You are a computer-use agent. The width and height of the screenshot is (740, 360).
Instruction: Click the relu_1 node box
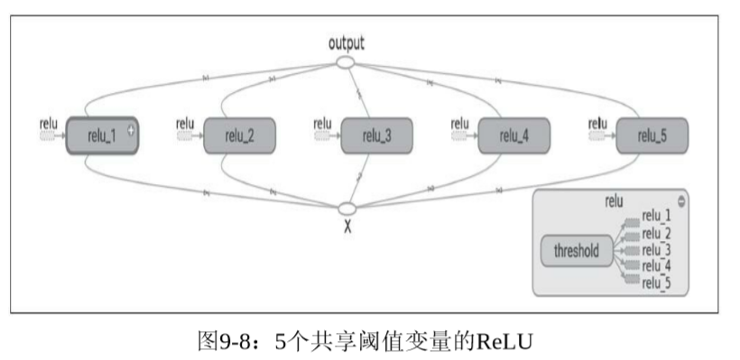point(101,136)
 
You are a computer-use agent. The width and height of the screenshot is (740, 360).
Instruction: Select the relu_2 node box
point(239,136)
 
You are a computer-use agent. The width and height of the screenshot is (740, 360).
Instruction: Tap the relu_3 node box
point(376,136)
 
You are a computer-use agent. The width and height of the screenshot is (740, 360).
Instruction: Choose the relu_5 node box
point(651,136)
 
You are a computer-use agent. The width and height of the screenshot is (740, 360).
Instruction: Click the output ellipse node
point(346,62)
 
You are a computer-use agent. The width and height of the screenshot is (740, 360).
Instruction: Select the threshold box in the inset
point(576,252)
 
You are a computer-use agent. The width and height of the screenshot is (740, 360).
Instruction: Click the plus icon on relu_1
point(131,130)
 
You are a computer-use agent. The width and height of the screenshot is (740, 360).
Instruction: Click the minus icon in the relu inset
point(680,200)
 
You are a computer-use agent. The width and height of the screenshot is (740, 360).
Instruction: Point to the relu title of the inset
point(614,200)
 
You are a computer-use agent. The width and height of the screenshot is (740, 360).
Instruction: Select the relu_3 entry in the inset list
point(656,249)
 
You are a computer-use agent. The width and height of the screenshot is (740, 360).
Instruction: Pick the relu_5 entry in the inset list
point(656,283)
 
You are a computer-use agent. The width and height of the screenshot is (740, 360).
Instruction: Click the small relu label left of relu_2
point(185,123)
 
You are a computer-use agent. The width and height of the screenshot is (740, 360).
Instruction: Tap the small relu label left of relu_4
point(459,123)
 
